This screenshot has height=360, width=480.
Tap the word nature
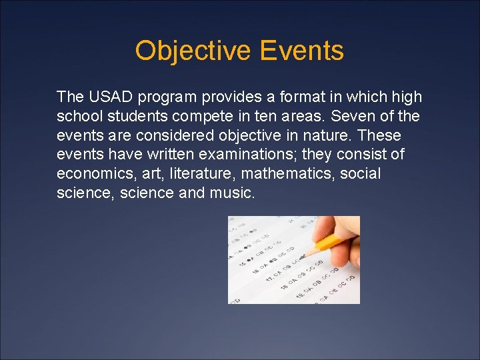(x=328, y=136)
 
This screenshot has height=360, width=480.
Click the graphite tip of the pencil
(x=302, y=256)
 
